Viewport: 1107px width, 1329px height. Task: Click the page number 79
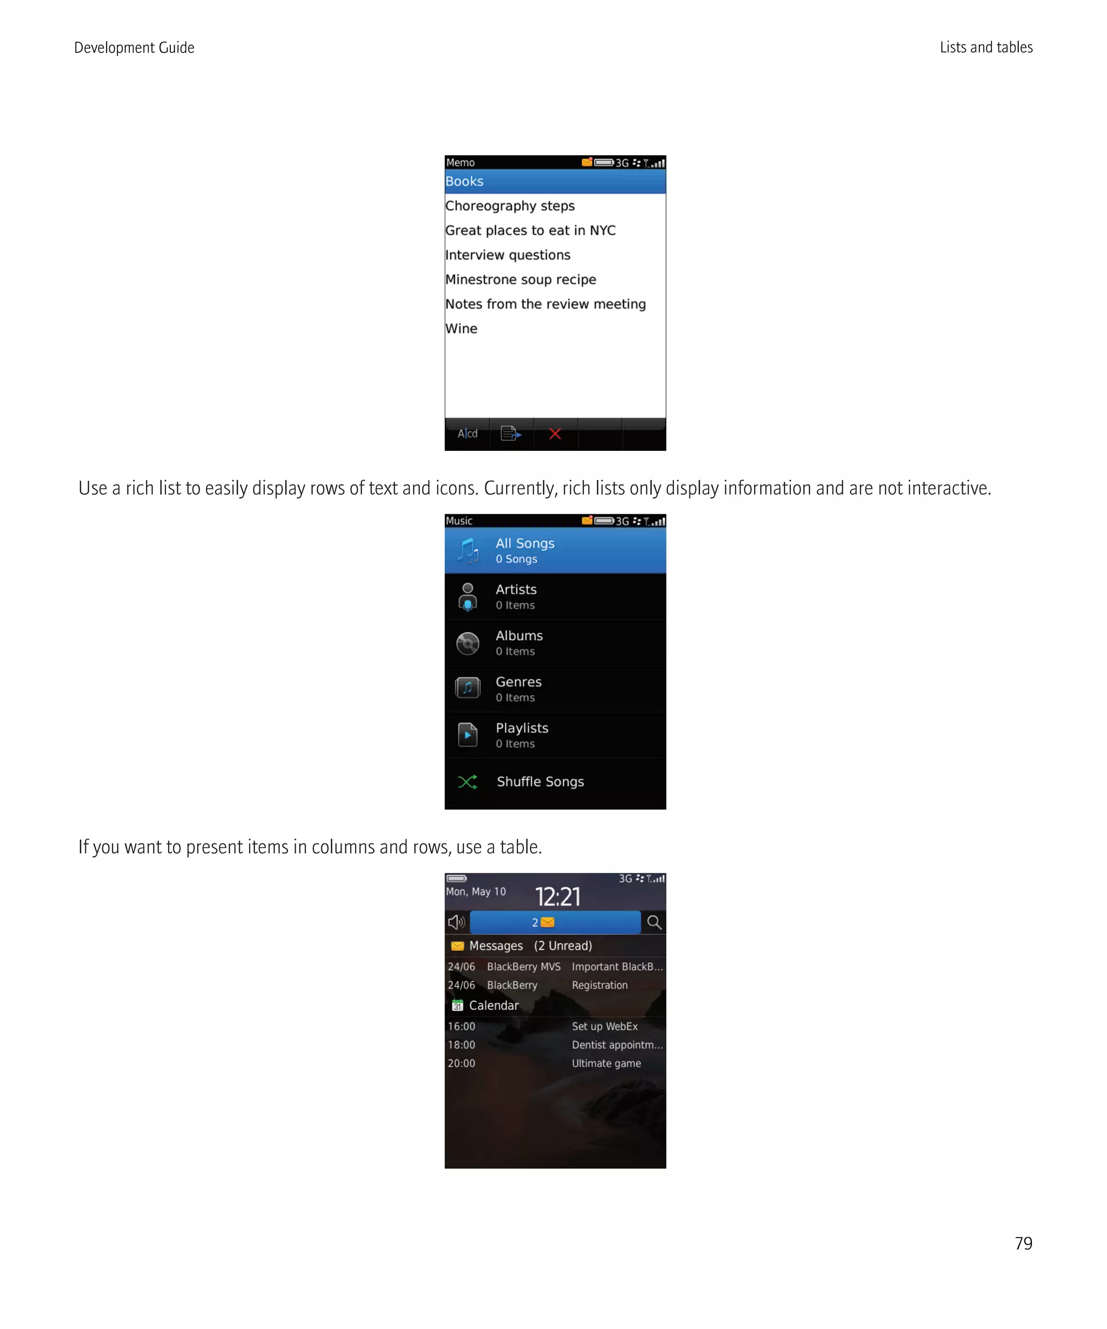tap(1023, 1243)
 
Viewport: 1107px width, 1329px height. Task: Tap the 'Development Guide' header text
tap(134, 48)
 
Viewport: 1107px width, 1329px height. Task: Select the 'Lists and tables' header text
tap(985, 48)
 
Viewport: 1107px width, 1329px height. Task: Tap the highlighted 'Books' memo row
tap(555, 182)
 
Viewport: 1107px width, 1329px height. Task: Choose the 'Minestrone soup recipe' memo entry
tap(521, 280)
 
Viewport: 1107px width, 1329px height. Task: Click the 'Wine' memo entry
tap(461, 328)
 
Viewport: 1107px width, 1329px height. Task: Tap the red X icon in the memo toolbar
tap(555, 434)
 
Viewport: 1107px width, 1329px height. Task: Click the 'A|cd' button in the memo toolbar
tap(468, 434)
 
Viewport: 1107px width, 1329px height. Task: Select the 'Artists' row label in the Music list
tap(516, 589)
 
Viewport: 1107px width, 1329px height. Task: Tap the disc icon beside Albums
tap(468, 643)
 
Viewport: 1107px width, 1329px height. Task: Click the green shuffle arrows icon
tap(468, 782)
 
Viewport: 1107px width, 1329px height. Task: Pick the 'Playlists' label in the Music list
tap(522, 728)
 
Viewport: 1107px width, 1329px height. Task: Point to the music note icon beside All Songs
tap(468, 550)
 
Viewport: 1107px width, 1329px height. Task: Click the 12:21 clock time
tap(557, 896)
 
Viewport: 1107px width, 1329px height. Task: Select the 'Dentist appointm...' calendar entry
tap(617, 1045)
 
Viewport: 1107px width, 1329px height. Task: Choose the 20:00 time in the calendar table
tap(461, 1063)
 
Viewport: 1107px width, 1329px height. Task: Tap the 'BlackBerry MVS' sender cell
tap(523, 966)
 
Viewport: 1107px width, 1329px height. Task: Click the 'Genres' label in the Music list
tap(518, 682)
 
